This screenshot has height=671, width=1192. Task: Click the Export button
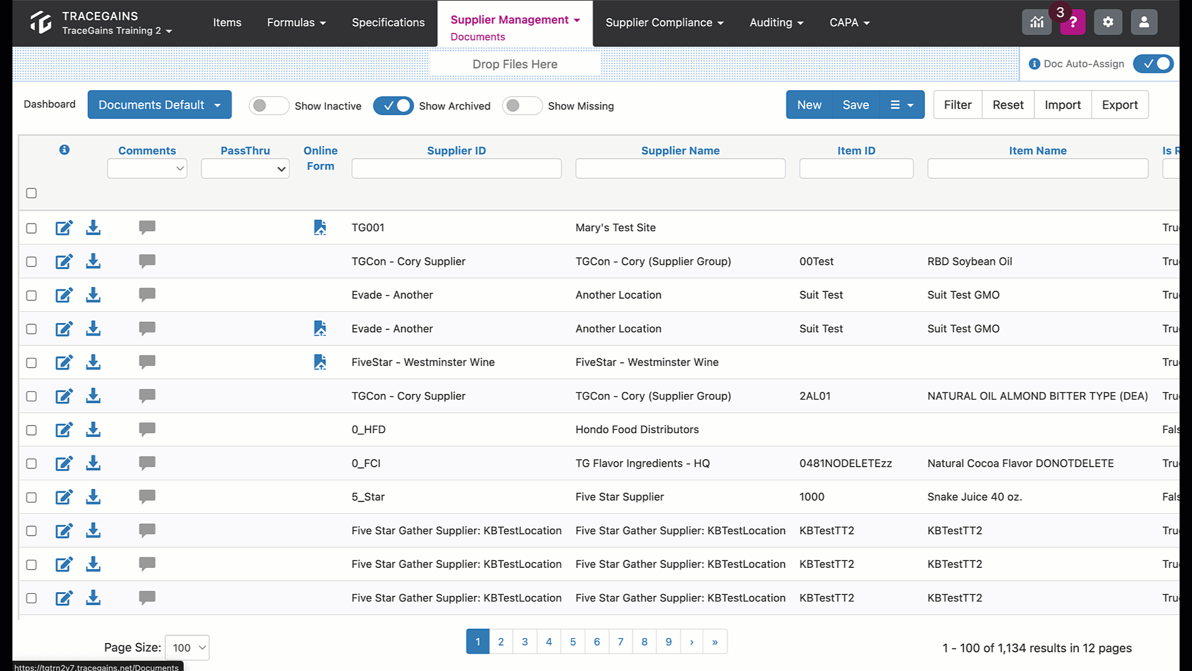click(x=1119, y=105)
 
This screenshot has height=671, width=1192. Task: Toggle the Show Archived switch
click(x=393, y=106)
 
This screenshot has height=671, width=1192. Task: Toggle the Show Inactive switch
click(x=269, y=106)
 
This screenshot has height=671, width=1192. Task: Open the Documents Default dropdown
click(x=160, y=104)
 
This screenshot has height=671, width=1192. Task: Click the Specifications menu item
click(x=388, y=22)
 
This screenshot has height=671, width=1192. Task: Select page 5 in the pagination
click(x=572, y=642)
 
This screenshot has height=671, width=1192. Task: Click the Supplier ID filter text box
click(x=456, y=168)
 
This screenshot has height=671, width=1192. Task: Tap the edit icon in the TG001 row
click(x=64, y=227)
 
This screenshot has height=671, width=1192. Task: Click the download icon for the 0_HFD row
click(x=93, y=429)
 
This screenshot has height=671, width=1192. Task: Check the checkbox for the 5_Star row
click(x=31, y=497)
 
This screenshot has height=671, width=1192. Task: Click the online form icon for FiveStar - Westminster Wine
click(x=320, y=362)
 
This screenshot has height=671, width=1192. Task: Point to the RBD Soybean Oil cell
click(x=969, y=262)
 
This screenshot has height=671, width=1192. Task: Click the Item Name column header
click(x=1037, y=150)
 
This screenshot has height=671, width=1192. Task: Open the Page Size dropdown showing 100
click(x=187, y=647)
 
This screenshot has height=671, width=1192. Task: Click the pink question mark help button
click(x=1072, y=22)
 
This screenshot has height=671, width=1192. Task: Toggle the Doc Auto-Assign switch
click(x=1153, y=63)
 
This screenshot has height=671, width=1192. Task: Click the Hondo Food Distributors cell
click(x=637, y=429)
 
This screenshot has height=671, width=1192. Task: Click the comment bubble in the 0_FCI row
click(x=147, y=463)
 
